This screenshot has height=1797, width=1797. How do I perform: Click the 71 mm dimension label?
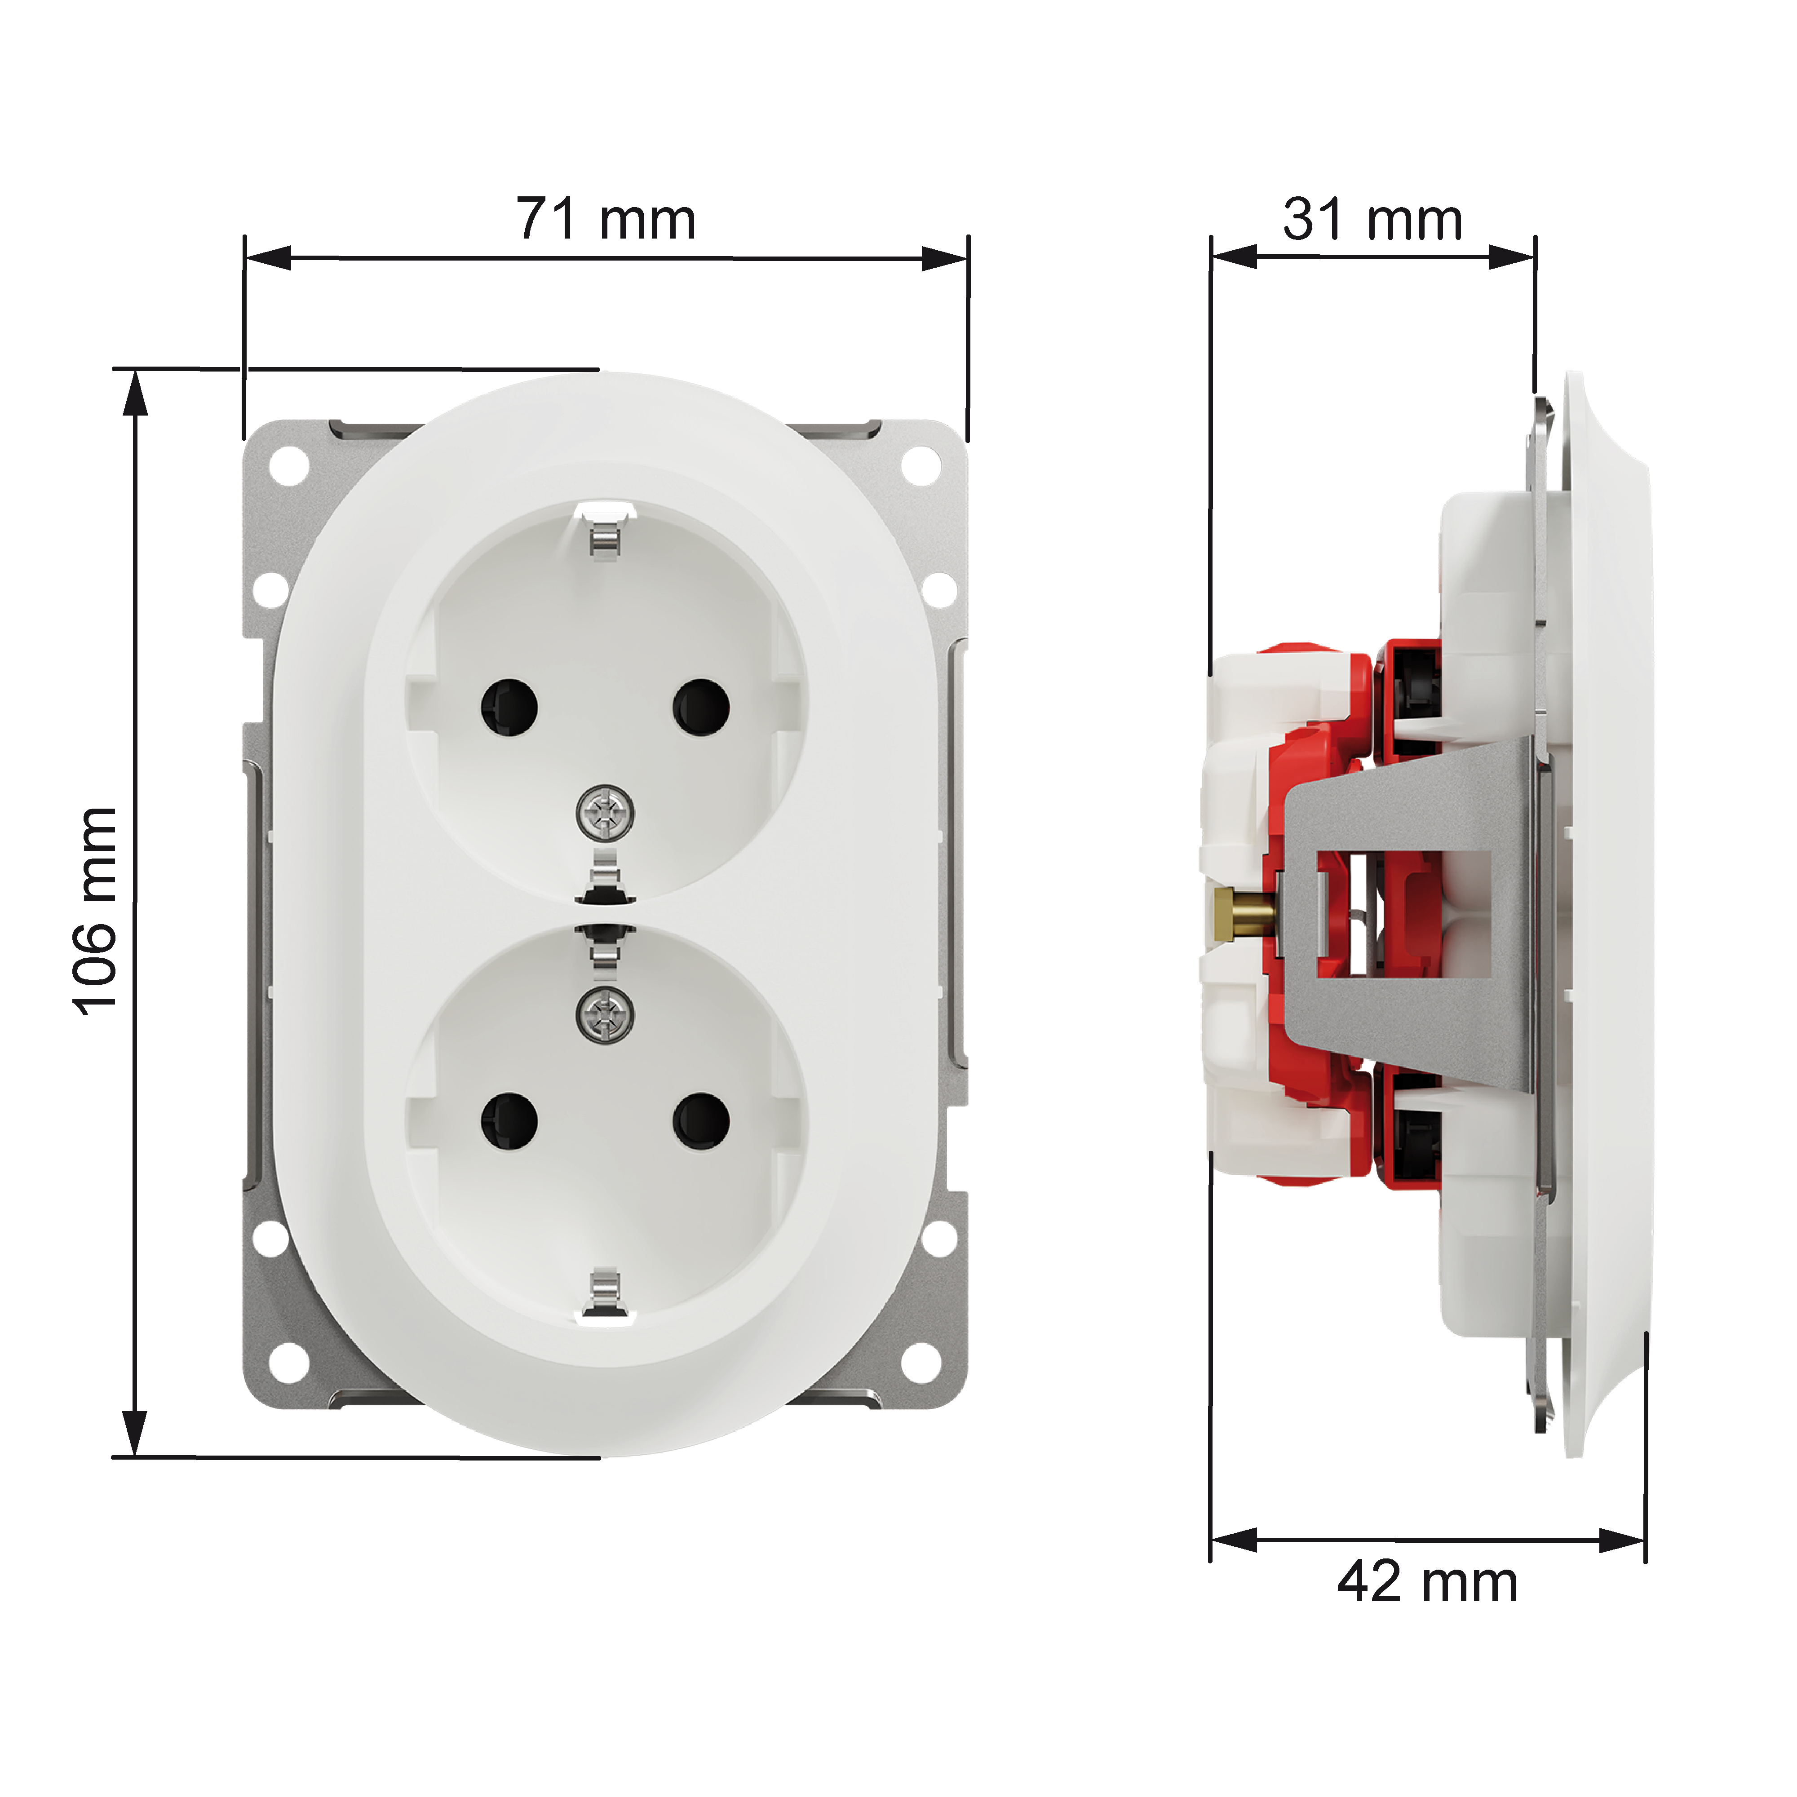(606, 220)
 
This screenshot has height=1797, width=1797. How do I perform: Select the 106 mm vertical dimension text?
(96, 912)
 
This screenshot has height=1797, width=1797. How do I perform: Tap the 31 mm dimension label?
(1373, 220)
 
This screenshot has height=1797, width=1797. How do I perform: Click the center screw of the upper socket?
(606, 812)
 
